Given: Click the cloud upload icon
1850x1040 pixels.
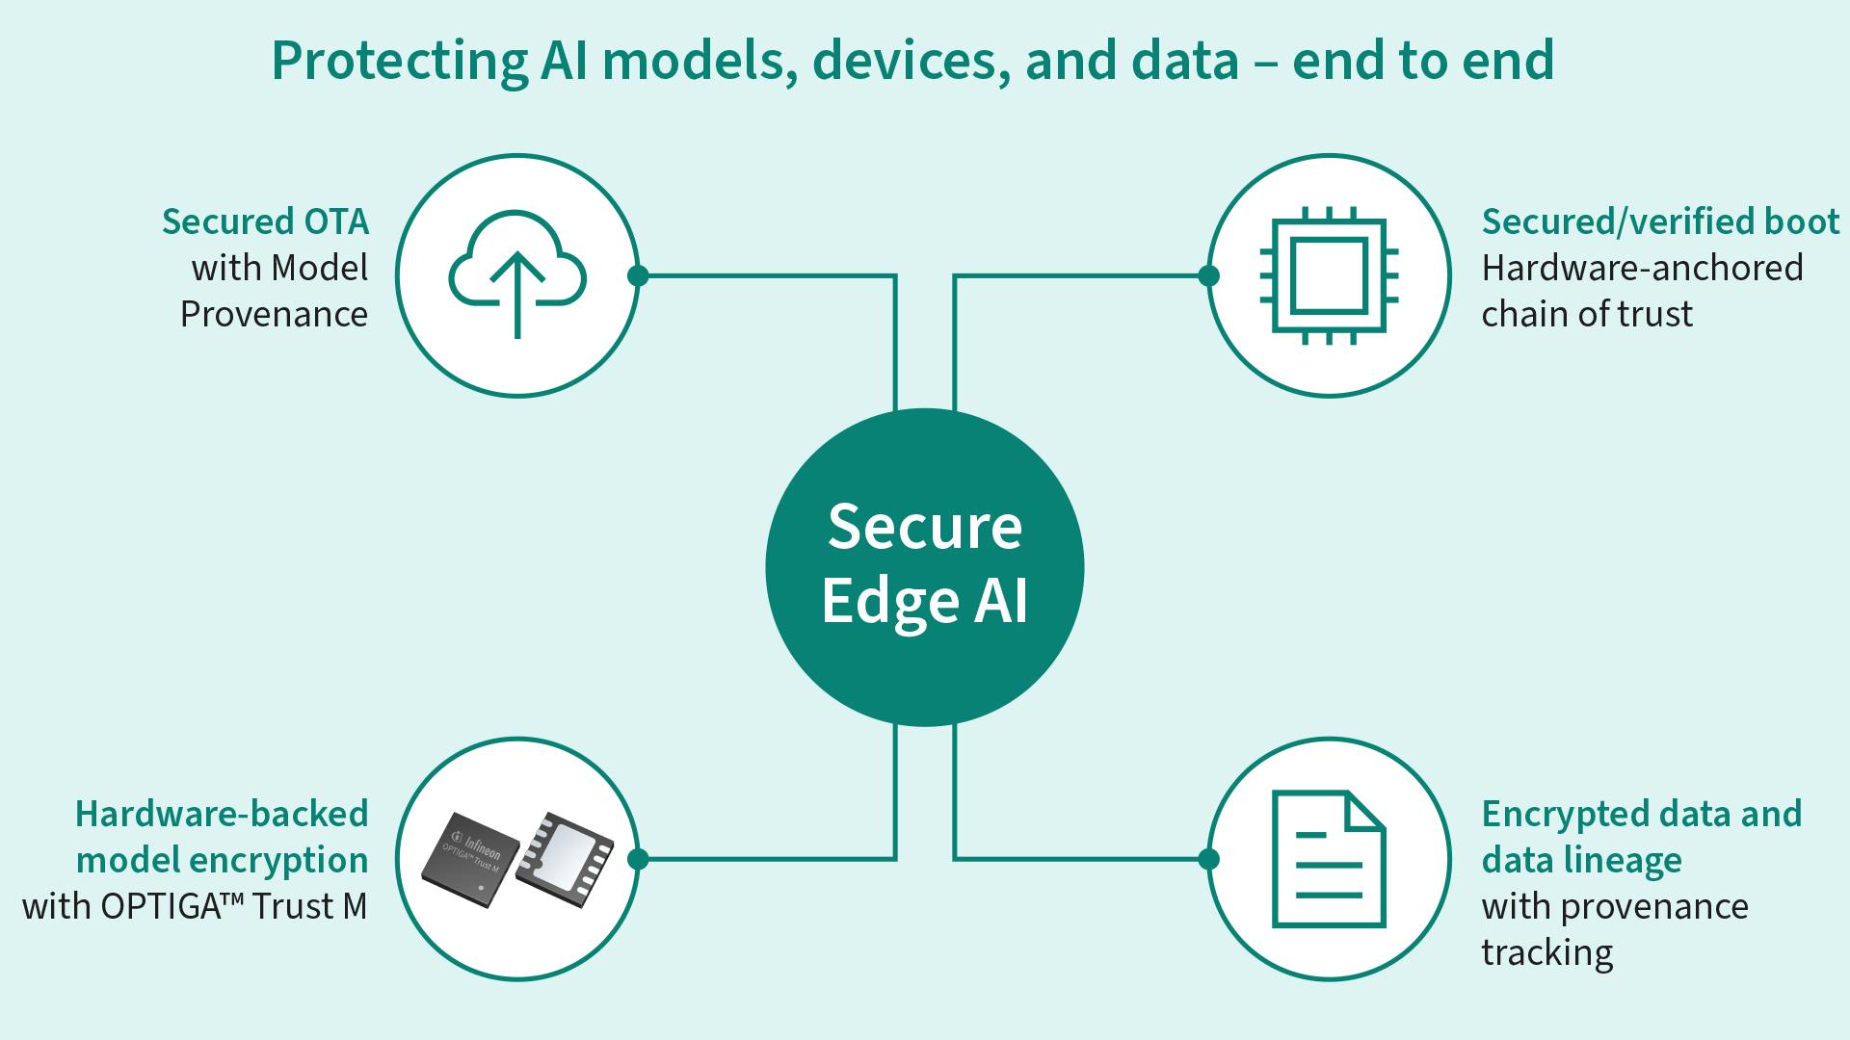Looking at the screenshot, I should click(x=517, y=275).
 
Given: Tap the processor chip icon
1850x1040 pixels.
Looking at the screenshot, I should click(x=1329, y=275).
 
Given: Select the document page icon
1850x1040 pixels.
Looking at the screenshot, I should click(x=1329, y=859).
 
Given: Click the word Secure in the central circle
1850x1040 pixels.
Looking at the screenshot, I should click(x=924, y=528).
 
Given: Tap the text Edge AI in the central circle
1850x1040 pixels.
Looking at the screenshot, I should click(x=924, y=602).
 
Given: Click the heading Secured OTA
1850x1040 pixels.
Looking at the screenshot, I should click(x=265, y=221).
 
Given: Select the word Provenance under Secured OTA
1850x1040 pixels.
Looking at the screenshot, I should click(x=274, y=314).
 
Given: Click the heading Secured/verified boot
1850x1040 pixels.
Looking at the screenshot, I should click(x=1660, y=221).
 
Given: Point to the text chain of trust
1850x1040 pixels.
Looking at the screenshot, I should click(x=1587, y=314).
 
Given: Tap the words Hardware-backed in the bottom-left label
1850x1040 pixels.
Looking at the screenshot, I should click(x=222, y=814).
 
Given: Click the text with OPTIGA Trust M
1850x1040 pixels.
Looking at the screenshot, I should click(x=195, y=906).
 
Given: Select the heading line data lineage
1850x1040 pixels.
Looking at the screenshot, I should click(x=1581, y=860).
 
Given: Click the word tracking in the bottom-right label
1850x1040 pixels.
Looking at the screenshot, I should click(x=1546, y=952).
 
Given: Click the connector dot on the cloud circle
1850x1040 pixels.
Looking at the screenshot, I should click(x=638, y=275).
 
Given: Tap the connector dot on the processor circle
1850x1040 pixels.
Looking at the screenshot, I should click(x=1208, y=275).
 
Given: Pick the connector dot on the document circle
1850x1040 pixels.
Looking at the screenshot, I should click(x=1208, y=859).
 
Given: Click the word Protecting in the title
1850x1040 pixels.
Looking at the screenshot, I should click(x=399, y=60).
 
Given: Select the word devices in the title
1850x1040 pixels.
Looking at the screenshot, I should click(x=910, y=60).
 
